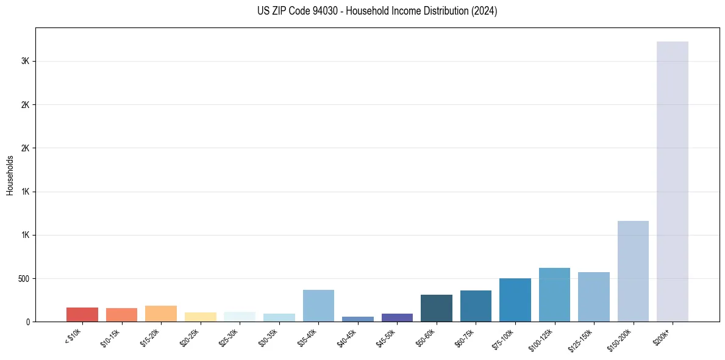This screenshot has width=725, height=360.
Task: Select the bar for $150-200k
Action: pyautogui.click(x=633, y=271)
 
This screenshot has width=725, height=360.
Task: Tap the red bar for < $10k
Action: pyautogui.click(x=82, y=314)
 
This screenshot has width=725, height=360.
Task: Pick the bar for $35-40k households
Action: pyautogui.click(x=318, y=306)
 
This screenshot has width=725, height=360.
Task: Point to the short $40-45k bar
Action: pyautogui.click(x=358, y=319)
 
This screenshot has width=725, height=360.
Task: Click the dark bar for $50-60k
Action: pyautogui.click(x=437, y=308)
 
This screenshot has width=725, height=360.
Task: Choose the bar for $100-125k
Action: pyautogui.click(x=554, y=295)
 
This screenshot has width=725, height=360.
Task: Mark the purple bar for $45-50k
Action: pyautogui.click(x=397, y=317)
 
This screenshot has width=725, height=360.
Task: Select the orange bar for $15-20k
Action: pyautogui.click(x=161, y=314)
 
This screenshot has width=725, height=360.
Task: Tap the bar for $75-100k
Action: pyautogui.click(x=515, y=300)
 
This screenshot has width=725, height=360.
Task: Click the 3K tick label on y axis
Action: pyautogui.click(x=25, y=61)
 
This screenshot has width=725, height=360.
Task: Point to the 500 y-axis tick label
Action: pyautogui.click(x=23, y=279)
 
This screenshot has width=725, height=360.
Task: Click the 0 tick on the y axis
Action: pyautogui.click(x=29, y=322)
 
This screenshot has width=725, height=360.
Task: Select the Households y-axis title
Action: pyautogui.click(x=10, y=175)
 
